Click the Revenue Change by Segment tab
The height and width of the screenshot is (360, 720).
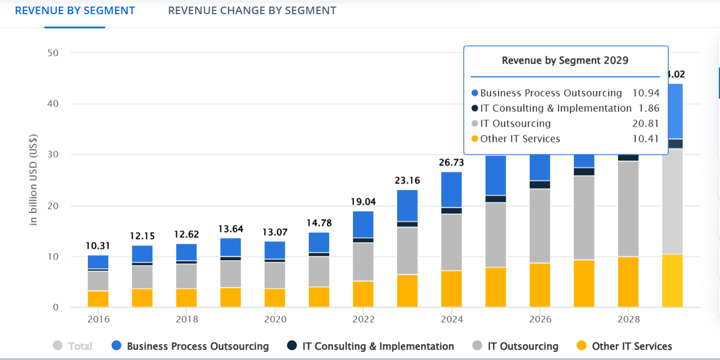[252, 10]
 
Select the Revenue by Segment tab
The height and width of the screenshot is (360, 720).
[75, 10]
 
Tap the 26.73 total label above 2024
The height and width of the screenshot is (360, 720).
[451, 163]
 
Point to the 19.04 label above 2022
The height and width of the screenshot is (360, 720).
[363, 202]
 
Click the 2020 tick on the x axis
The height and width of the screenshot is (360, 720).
[274, 319]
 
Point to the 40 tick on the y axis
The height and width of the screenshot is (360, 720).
[52, 104]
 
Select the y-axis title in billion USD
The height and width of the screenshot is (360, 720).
[34, 179]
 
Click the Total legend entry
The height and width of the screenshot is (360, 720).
[73, 346]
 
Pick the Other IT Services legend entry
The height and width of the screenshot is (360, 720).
[625, 346]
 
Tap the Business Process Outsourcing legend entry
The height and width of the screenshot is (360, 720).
[190, 346]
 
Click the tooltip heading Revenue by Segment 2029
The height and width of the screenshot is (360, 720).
[565, 60]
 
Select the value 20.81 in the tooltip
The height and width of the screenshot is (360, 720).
[647, 123]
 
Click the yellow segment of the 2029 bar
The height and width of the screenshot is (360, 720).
[672, 280]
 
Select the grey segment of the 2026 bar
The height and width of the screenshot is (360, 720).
[539, 226]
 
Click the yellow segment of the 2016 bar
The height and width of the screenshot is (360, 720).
[98, 299]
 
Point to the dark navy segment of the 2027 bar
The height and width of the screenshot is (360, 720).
[584, 171]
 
